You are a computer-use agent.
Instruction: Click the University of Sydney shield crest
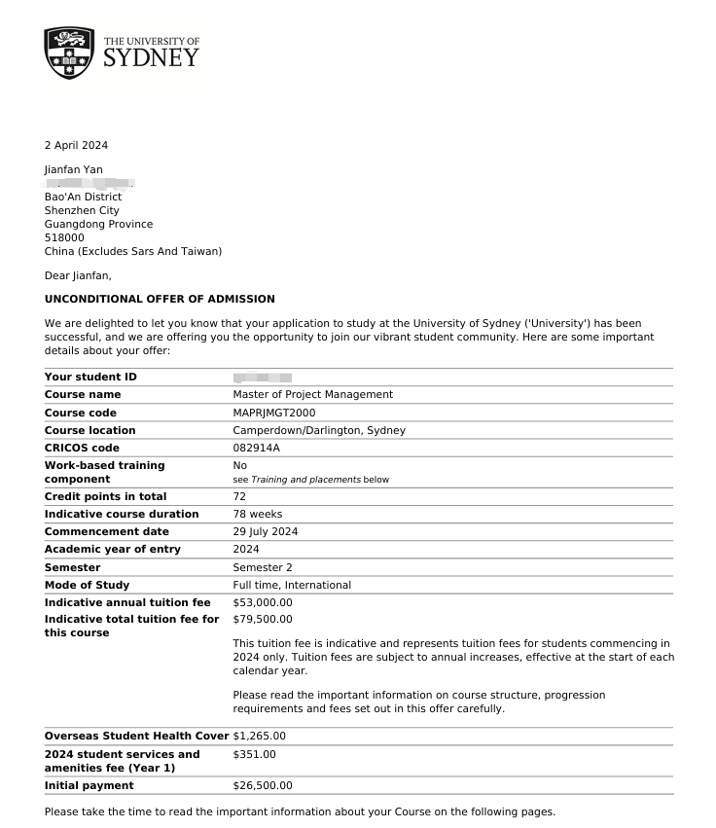tap(69, 54)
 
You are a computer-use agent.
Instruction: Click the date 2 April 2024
tap(76, 146)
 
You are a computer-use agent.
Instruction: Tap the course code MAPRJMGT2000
tap(274, 413)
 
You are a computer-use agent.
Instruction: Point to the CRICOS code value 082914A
tap(256, 448)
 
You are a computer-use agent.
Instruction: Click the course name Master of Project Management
tap(312, 395)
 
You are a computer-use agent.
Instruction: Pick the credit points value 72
tap(239, 496)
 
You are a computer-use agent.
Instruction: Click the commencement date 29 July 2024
tap(265, 531)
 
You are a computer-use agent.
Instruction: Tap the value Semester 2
tap(262, 567)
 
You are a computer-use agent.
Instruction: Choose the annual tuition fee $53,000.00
tap(262, 602)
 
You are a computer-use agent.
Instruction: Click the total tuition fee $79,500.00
tap(262, 619)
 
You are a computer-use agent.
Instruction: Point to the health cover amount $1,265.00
tap(259, 736)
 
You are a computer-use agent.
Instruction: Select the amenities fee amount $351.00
tap(254, 754)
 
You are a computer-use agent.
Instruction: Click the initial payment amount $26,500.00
tap(262, 785)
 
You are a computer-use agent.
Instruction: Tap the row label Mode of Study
tap(87, 585)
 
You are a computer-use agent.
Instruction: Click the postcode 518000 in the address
tap(64, 237)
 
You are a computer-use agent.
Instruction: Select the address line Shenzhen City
tap(82, 210)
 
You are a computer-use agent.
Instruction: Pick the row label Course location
tap(89, 430)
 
